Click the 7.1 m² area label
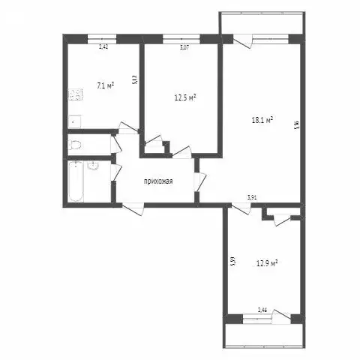click(x=105, y=85)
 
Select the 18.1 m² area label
click(x=261, y=118)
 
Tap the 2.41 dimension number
click(x=103, y=47)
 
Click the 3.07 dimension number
click(x=184, y=47)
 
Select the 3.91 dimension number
click(x=253, y=198)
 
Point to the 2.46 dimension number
click(x=262, y=309)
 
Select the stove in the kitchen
click(x=75, y=95)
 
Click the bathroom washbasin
click(x=94, y=166)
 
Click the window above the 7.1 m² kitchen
click(x=102, y=38)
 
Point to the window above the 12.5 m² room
click(x=175, y=38)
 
